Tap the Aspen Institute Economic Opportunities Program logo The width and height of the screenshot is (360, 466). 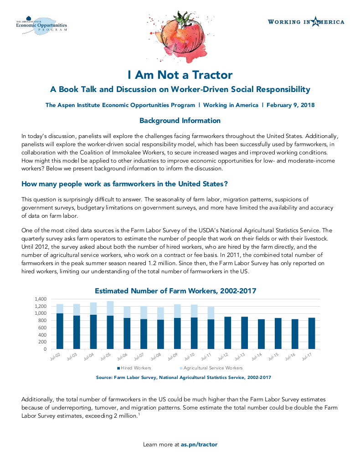(41, 26)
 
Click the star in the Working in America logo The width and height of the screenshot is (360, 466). (315, 22)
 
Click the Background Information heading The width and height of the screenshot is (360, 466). (180, 121)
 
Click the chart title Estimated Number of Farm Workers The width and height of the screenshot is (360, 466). (175, 291)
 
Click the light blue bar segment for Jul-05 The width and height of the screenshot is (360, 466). (110, 308)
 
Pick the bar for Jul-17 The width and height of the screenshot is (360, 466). (312, 333)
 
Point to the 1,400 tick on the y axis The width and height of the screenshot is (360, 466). (41, 299)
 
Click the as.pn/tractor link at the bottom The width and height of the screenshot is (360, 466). (199, 444)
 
